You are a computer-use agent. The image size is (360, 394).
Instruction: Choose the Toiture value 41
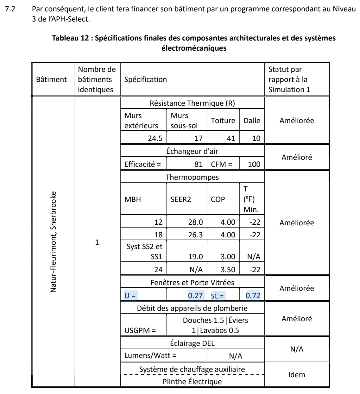point(230,138)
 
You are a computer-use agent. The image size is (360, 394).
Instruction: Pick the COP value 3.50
point(228,270)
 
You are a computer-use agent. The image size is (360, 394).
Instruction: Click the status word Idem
point(297,375)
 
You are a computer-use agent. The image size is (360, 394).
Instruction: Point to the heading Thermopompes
point(192,177)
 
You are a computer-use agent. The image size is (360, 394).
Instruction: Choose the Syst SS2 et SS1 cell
point(144,252)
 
